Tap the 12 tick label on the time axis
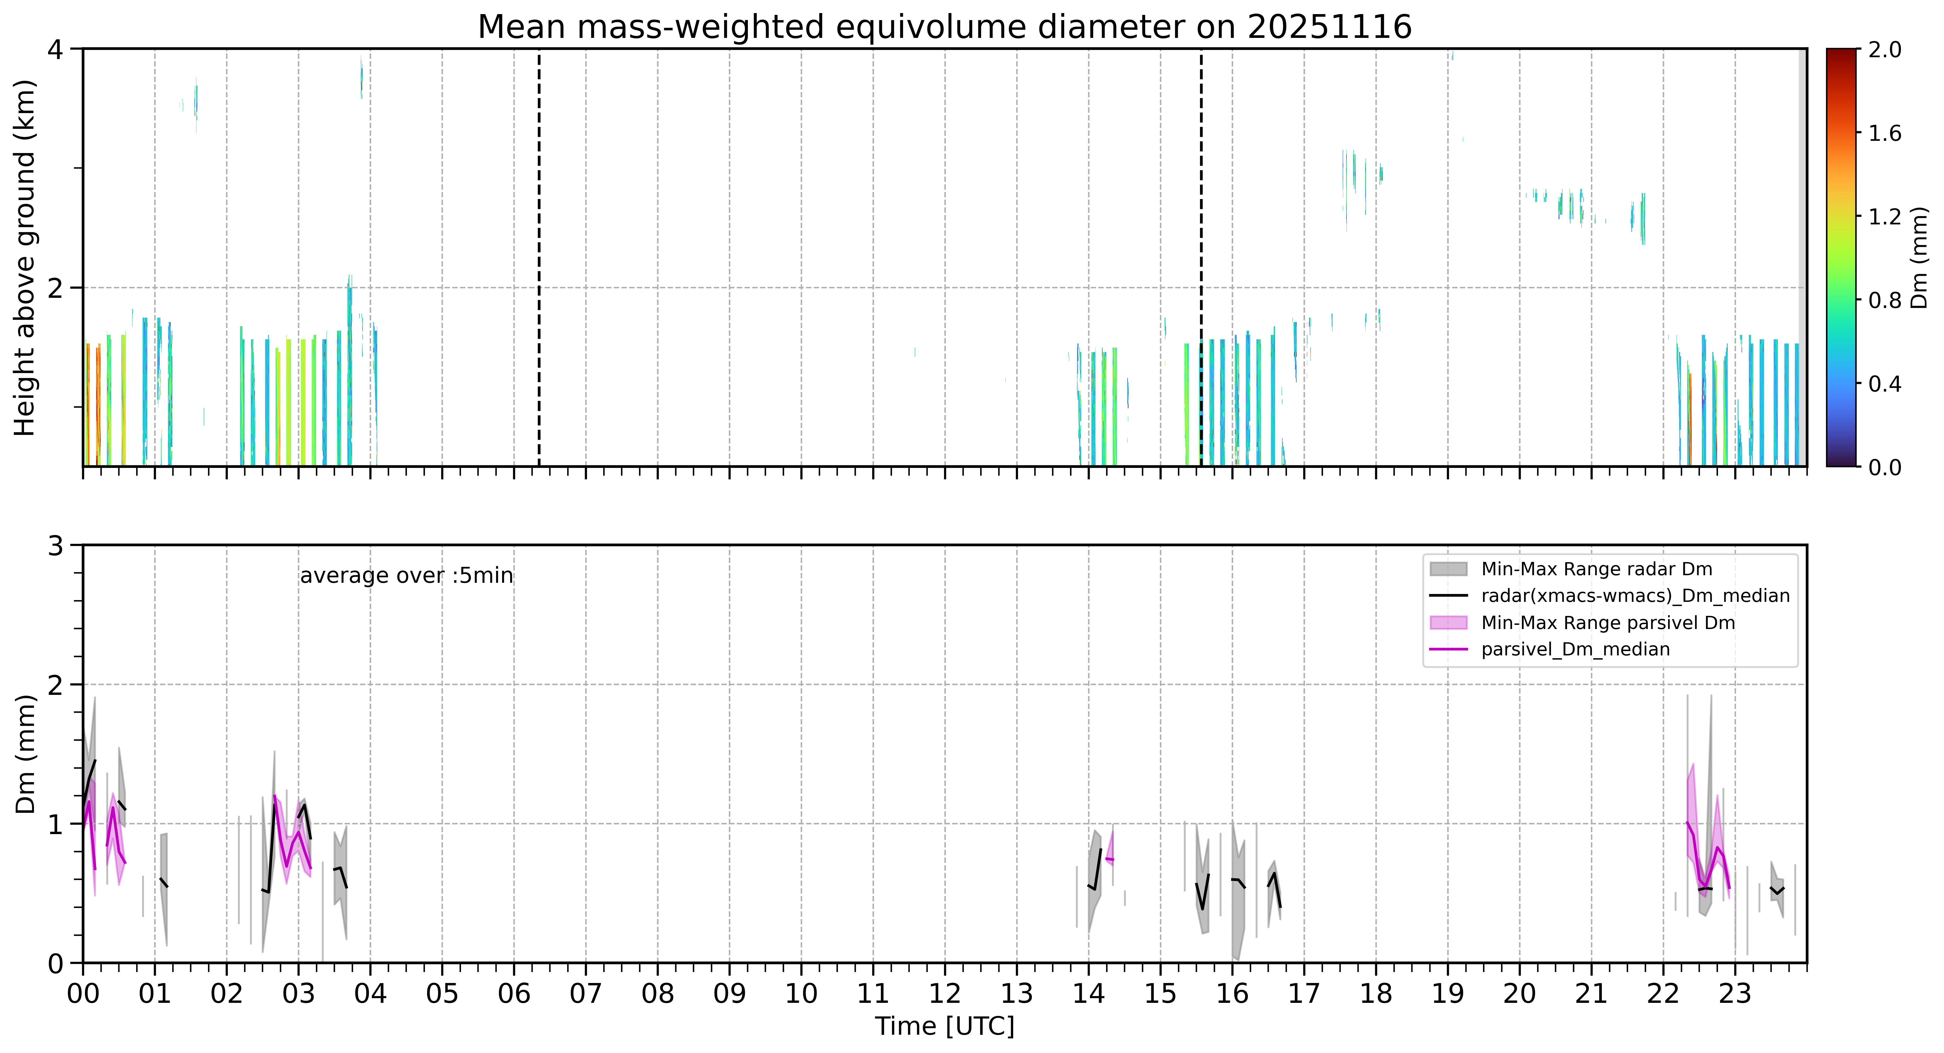945,993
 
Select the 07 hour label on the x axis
586,993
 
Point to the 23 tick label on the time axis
1735,993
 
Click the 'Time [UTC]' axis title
945,1027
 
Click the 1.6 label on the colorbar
1884,133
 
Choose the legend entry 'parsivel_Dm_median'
1575,649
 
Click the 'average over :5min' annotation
406,576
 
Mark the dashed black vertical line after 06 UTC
539,257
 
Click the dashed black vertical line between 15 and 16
1201,257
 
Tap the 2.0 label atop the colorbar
1884,50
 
